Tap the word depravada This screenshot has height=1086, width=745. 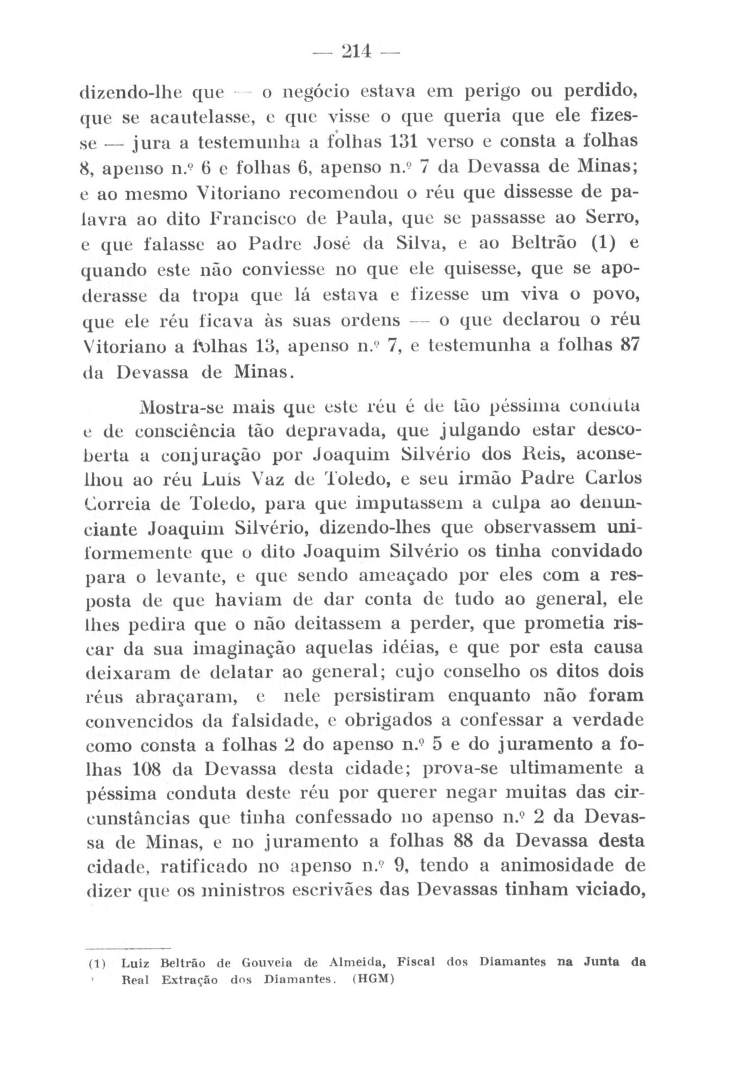[x=306, y=432]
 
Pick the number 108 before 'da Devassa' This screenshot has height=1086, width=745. [x=146, y=769]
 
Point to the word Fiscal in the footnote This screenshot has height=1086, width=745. [x=416, y=963]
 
